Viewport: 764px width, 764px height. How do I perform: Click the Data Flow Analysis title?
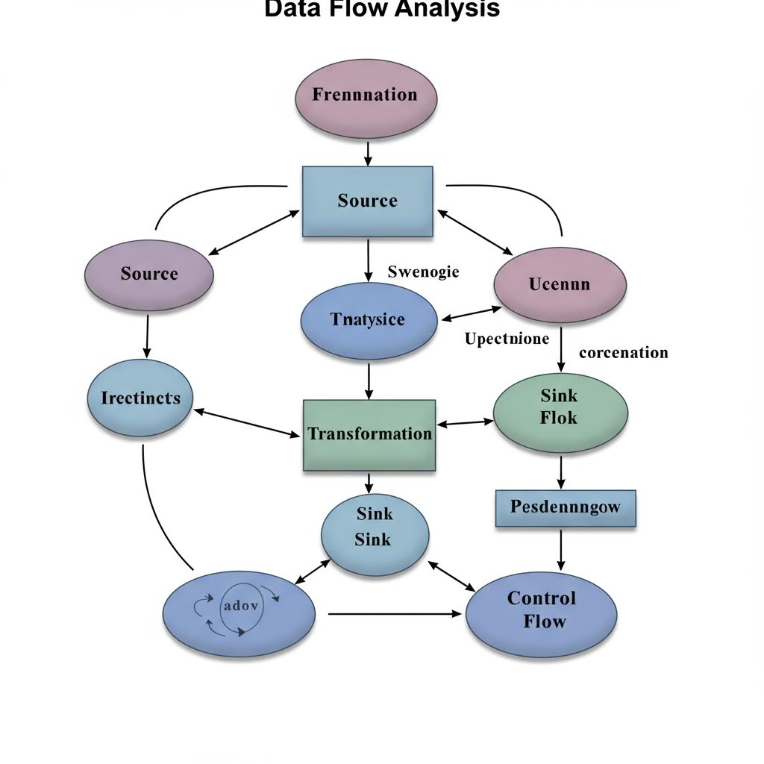[382, 9]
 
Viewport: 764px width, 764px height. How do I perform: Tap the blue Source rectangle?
[367, 200]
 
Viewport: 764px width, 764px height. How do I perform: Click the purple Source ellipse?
[149, 274]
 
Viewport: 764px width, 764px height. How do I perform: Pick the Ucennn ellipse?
[560, 284]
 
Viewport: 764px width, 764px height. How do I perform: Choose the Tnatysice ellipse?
[368, 321]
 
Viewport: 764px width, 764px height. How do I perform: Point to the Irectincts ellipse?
[140, 398]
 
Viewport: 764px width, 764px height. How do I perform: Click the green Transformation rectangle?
[369, 434]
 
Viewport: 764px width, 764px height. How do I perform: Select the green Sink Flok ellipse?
[560, 408]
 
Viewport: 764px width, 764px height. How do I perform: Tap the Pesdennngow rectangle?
[566, 507]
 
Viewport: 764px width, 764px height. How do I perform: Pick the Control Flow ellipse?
[542, 610]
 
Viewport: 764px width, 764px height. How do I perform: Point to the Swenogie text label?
[424, 272]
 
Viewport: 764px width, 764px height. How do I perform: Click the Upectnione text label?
[507, 339]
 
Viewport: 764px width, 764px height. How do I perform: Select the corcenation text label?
[623, 352]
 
